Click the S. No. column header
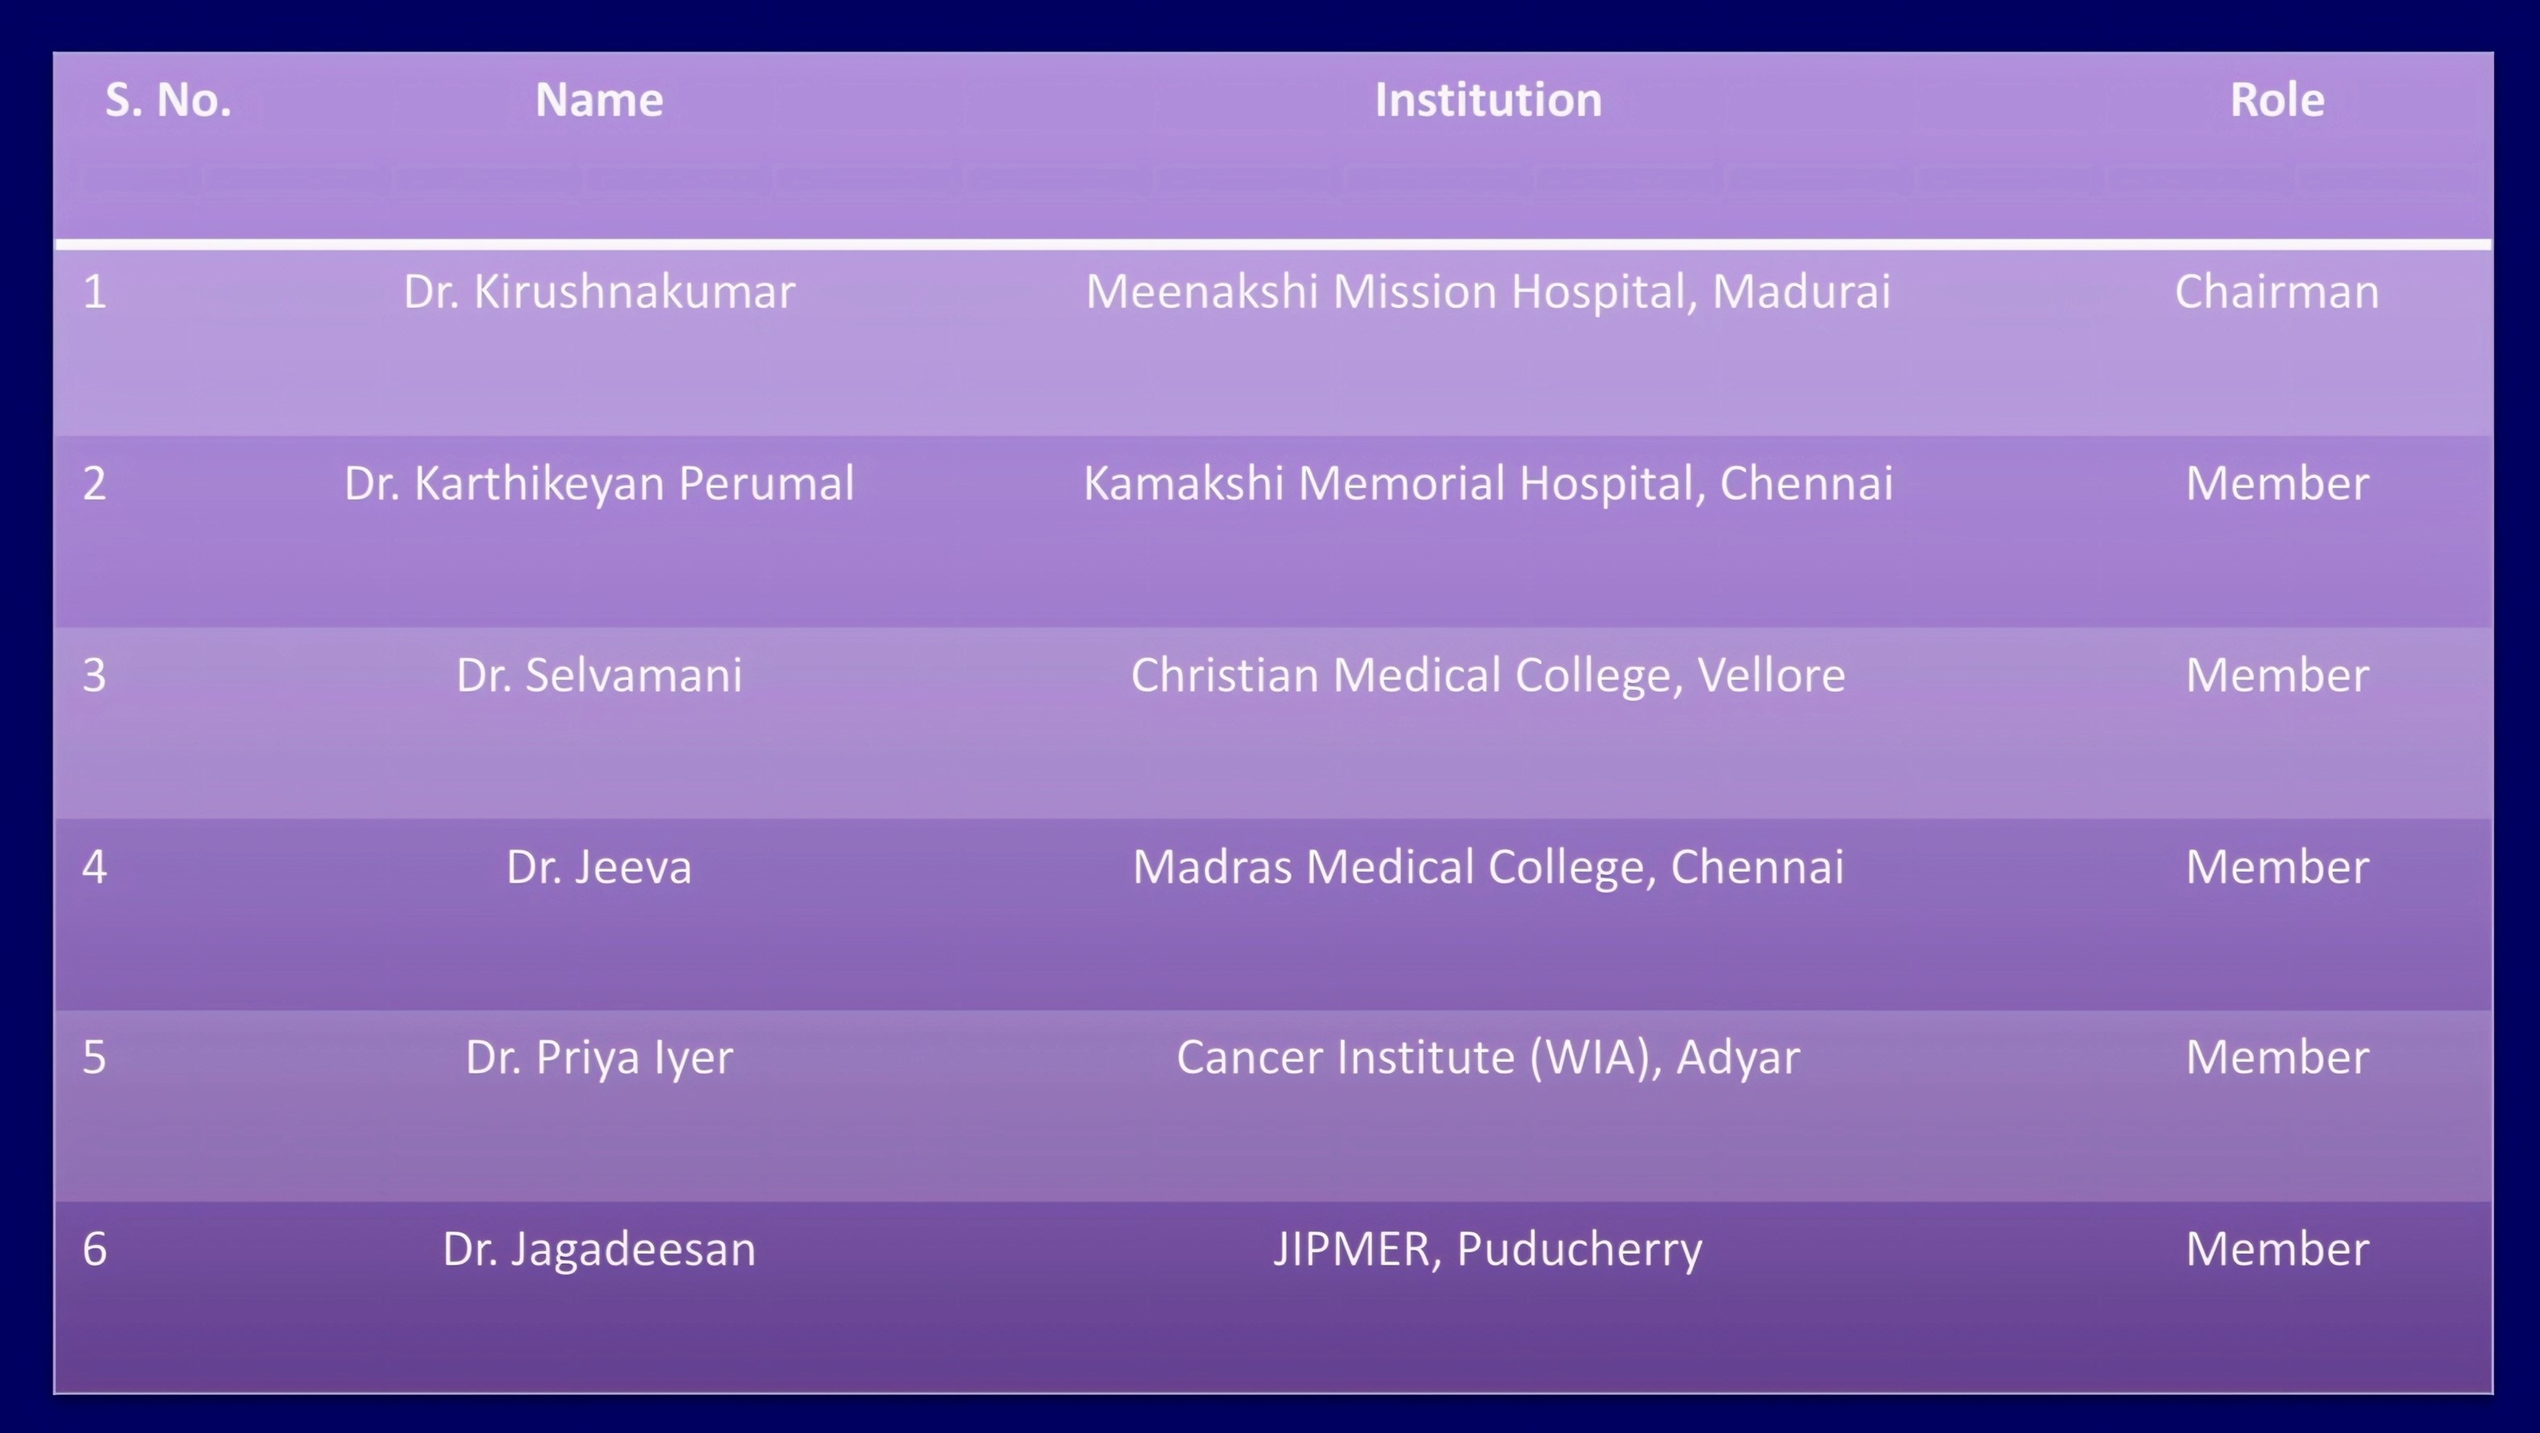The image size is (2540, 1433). [x=169, y=100]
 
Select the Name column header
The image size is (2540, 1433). [x=599, y=100]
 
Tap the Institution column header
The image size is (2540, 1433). [x=1488, y=100]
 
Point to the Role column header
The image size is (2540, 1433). [x=2277, y=100]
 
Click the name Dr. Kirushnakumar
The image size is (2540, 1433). [x=599, y=292]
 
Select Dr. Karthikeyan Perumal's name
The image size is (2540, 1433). [x=599, y=484]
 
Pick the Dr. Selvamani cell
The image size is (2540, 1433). [x=599, y=675]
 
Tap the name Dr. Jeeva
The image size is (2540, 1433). [x=599, y=867]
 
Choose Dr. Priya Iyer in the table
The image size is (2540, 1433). [x=599, y=1058]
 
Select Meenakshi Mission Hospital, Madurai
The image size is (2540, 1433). [x=1488, y=292]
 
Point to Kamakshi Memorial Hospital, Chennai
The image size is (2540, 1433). [x=1488, y=484]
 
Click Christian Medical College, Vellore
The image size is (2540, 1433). [x=1488, y=675]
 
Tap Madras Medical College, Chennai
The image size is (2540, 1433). [x=1488, y=867]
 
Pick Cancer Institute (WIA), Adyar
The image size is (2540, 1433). [x=1488, y=1058]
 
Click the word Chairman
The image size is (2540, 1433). [x=2277, y=292]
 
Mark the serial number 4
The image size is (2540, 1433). [x=94, y=867]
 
